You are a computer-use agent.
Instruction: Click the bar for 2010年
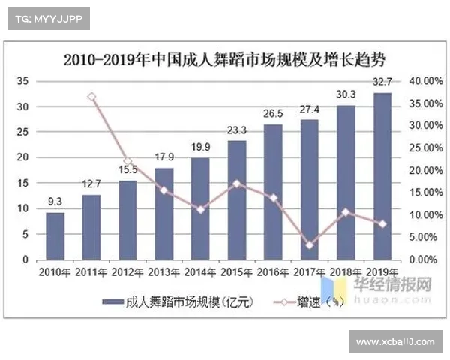(x=55, y=235)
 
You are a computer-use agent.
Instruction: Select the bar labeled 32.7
(x=382, y=176)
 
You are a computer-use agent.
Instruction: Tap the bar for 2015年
(x=237, y=199)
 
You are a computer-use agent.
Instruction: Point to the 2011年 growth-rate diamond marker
(x=91, y=97)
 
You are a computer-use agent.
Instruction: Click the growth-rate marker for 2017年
(x=310, y=244)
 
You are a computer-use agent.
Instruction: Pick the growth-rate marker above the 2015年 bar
(x=237, y=183)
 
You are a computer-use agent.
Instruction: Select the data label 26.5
(x=273, y=114)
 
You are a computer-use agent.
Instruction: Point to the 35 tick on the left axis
(x=22, y=80)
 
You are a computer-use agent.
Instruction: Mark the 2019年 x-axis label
(x=382, y=271)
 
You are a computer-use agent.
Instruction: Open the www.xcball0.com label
(x=395, y=342)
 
